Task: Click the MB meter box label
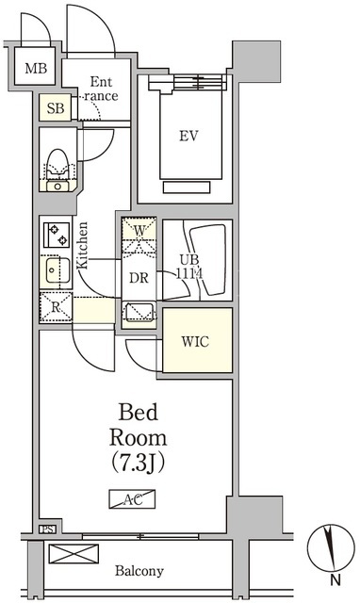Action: click(x=36, y=69)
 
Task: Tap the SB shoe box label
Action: click(x=56, y=108)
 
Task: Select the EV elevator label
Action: click(x=188, y=136)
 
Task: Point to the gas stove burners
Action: click(x=57, y=235)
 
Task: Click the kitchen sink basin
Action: click(x=57, y=270)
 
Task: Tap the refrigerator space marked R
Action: click(x=57, y=307)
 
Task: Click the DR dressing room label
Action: click(x=139, y=278)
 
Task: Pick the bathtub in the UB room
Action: click(x=208, y=260)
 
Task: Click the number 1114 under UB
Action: click(x=189, y=274)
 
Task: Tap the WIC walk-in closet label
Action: click(x=195, y=341)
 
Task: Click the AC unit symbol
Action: click(x=132, y=498)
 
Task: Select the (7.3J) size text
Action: click(x=139, y=463)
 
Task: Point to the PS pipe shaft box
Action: click(x=48, y=530)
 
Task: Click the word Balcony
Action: click(x=139, y=571)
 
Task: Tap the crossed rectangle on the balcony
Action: click(x=74, y=554)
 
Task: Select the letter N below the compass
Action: click(x=335, y=580)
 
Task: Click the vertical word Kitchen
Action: click(x=82, y=246)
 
